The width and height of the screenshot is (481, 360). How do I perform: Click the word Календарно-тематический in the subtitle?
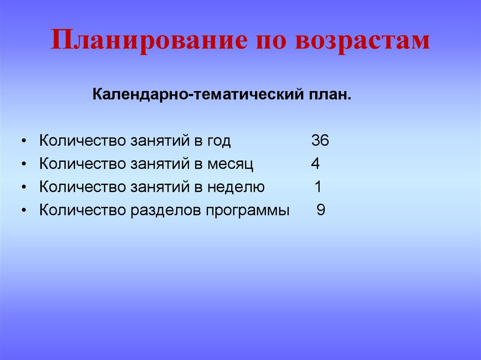[190, 96]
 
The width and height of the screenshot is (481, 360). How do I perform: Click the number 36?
[320, 141]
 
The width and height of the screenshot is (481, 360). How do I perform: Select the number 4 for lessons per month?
[315, 164]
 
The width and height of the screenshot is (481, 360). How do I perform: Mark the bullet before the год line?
[24, 141]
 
